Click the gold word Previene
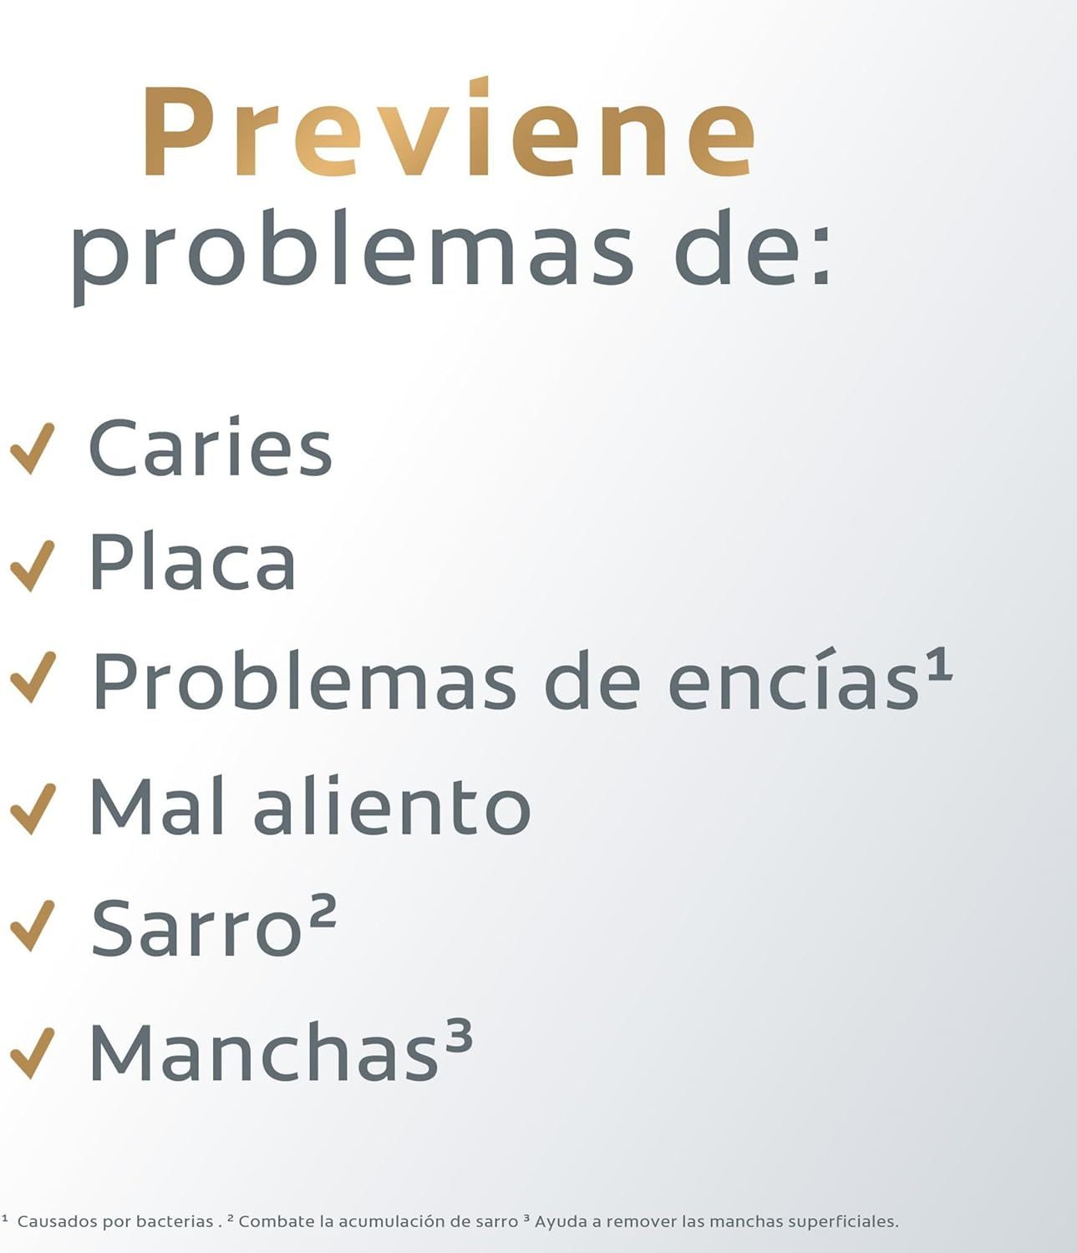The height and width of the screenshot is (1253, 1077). click(x=450, y=127)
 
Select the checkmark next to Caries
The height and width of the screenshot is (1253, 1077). click(x=33, y=448)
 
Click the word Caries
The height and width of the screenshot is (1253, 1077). click(x=211, y=448)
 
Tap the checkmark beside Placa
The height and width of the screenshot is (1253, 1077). click(x=33, y=566)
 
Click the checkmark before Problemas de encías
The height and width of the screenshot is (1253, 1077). click(x=33, y=677)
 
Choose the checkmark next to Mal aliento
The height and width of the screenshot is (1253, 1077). click(x=33, y=809)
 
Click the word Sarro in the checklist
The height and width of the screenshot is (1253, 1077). click(x=196, y=927)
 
